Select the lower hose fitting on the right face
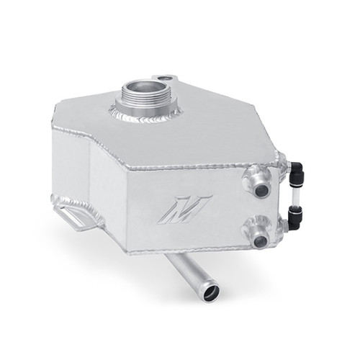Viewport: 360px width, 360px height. (261, 232)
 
